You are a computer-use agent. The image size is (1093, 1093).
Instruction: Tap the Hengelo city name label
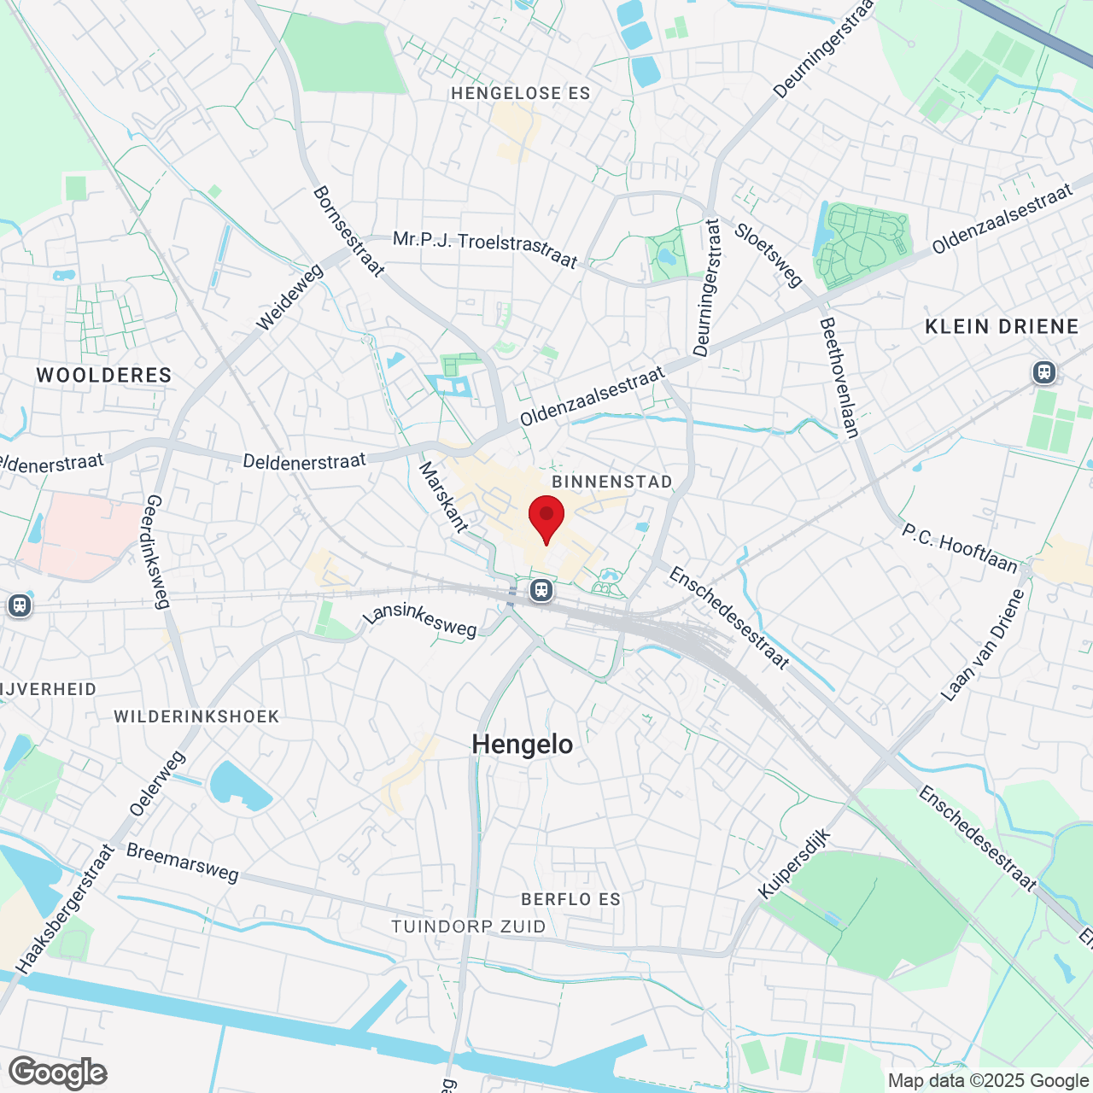(x=523, y=745)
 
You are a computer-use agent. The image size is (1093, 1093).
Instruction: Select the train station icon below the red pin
(x=541, y=590)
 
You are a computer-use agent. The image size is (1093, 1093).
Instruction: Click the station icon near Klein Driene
(x=1043, y=372)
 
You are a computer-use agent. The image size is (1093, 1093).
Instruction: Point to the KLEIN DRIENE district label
(x=1002, y=326)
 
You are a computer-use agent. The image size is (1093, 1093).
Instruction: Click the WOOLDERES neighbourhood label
(x=104, y=375)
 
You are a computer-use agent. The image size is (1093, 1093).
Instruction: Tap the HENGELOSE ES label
(x=521, y=93)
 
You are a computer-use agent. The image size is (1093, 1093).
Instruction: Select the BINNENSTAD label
(x=612, y=482)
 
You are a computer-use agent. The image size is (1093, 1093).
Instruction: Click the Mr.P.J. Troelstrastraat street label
(x=485, y=248)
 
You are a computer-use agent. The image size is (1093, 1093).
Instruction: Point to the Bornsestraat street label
(x=348, y=231)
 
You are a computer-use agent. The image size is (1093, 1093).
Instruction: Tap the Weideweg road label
(x=290, y=296)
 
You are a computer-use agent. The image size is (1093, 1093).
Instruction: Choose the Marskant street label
(x=443, y=498)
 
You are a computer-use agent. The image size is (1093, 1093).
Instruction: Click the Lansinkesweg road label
(x=419, y=622)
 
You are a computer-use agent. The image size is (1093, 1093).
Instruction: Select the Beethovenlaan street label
(x=839, y=377)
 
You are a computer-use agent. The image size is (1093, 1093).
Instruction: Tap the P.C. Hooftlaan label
(x=960, y=548)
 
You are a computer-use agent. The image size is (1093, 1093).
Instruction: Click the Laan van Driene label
(x=982, y=646)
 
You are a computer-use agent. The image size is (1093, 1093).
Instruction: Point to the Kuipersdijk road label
(x=794, y=863)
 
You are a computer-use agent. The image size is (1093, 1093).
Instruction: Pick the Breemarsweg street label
(x=183, y=862)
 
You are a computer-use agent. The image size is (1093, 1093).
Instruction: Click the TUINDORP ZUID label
(x=469, y=926)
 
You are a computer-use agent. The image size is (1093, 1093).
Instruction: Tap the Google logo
(x=58, y=1073)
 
